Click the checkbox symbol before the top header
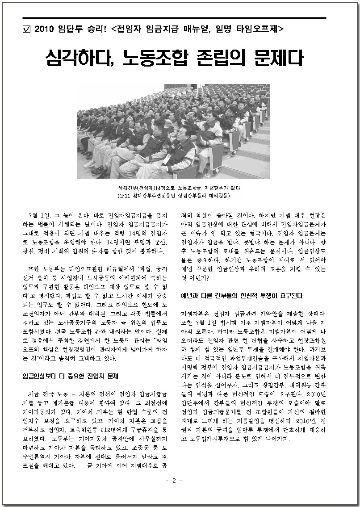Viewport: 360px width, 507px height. click(x=26, y=29)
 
